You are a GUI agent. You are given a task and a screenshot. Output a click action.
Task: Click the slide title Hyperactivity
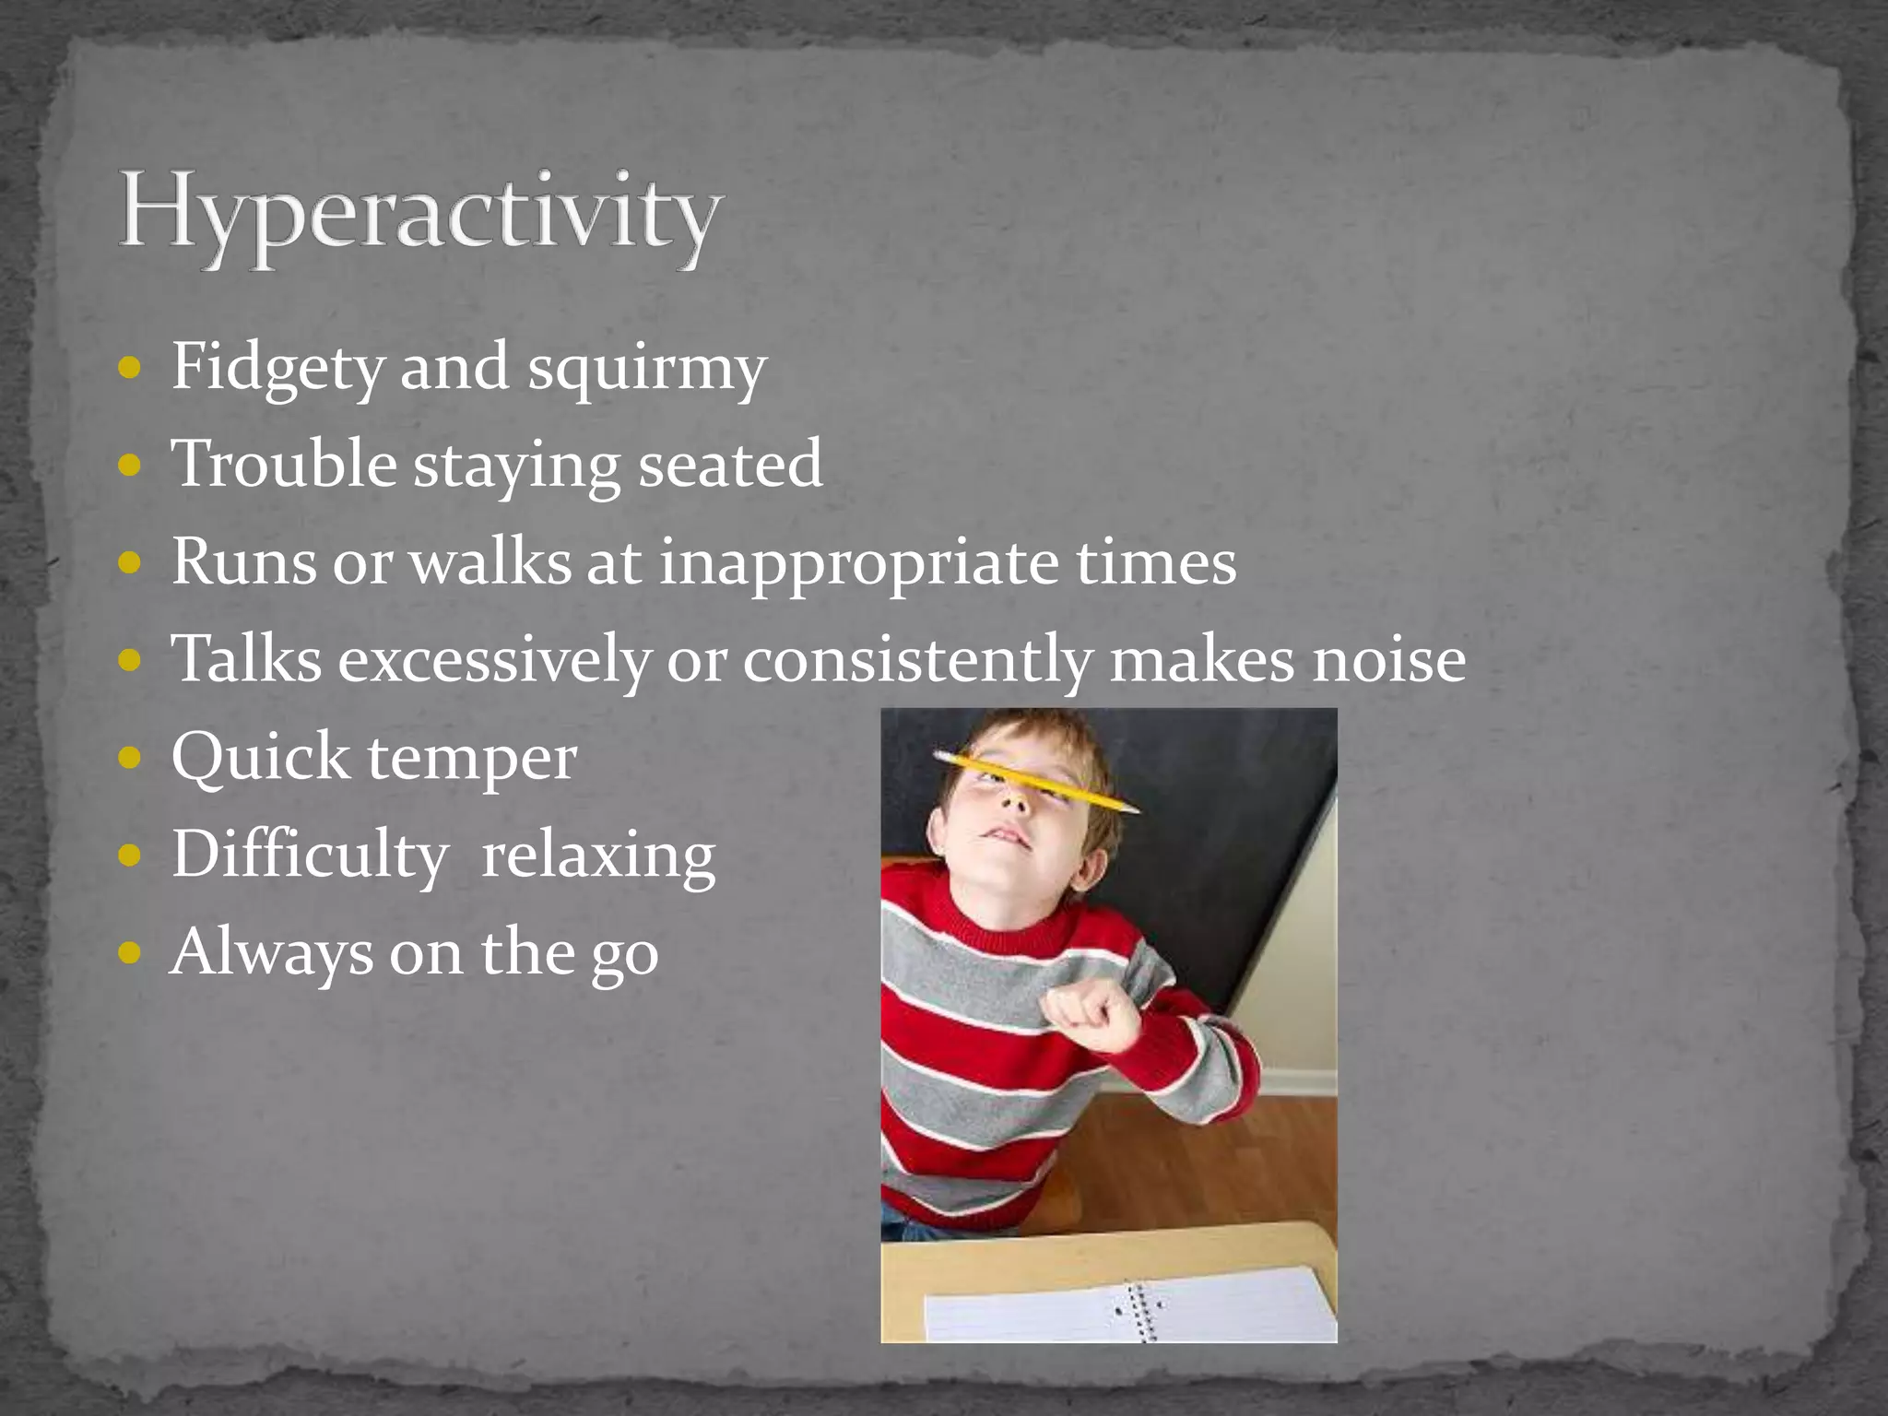pyautogui.click(x=419, y=214)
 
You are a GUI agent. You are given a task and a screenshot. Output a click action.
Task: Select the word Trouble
pyautogui.click(x=284, y=464)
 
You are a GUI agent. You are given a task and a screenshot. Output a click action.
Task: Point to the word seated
pyautogui.click(x=730, y=464)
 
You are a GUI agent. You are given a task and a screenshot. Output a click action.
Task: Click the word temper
pyautogui.click(x=472, y=759)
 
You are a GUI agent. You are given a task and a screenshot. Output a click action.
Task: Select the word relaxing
pyautogui.click(x=598, y=855)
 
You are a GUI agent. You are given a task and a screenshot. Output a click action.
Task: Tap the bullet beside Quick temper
pyautogui.click(x=130, y=758)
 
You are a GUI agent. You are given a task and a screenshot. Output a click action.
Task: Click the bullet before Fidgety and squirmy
pyautogui.click(x=130, y=368)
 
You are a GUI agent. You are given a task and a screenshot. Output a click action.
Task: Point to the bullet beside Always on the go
pyautogui.click(x=130, y=952)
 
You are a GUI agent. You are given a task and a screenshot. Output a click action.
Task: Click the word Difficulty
pyautogui.click(x=310, y=855)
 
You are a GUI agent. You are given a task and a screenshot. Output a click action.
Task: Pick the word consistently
pyautogui.click(x=918, y=660)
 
